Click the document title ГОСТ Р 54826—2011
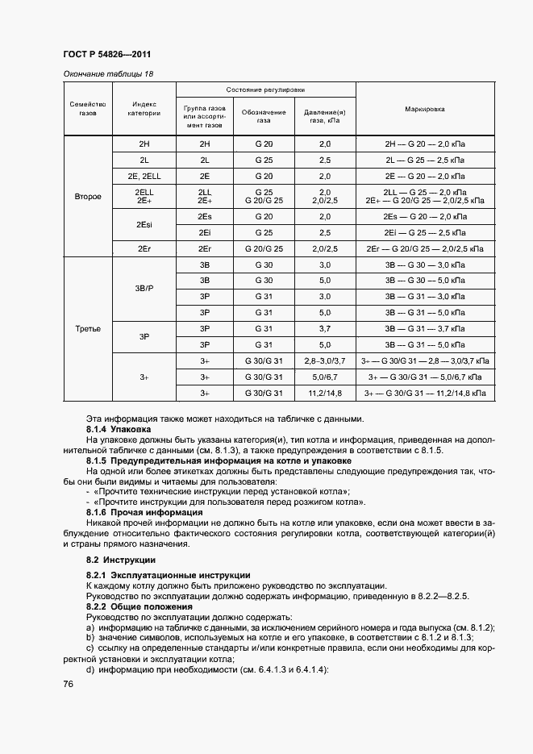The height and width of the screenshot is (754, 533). point(107,55)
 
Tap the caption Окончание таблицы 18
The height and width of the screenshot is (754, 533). point(107,74)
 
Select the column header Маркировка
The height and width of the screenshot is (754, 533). point(425,108)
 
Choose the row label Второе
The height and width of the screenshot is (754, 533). point(88,196)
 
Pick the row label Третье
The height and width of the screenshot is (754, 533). point(88,328)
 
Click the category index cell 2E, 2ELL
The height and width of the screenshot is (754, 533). point(144,175)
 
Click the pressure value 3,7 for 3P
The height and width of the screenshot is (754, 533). point(325,328)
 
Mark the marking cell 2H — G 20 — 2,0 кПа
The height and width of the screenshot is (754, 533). point(425,144)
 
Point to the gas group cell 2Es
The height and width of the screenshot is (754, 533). point(204,217)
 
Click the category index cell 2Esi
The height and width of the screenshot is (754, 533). point(144,225)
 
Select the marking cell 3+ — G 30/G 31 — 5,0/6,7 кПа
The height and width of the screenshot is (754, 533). point(425,377)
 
